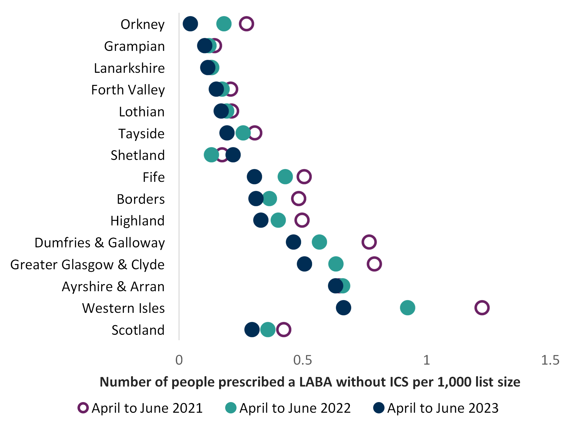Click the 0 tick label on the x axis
(x=179, y=360)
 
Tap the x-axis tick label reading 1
(x=427, y=360)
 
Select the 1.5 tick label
(x=550, y=360)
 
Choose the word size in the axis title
(x=509, y=382)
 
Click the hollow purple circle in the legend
(x=83, y=408)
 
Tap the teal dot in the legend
(x=231, y=408)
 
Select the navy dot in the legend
(x=379, y=408)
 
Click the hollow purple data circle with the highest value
(x=482, y=308)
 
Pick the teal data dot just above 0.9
(x=408, y=308)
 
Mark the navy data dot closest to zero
(x=190, y=24)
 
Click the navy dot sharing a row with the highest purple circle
(x=343, y=308)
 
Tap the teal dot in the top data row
(x=224, y=24)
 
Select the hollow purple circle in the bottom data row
(x=284, y=330)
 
